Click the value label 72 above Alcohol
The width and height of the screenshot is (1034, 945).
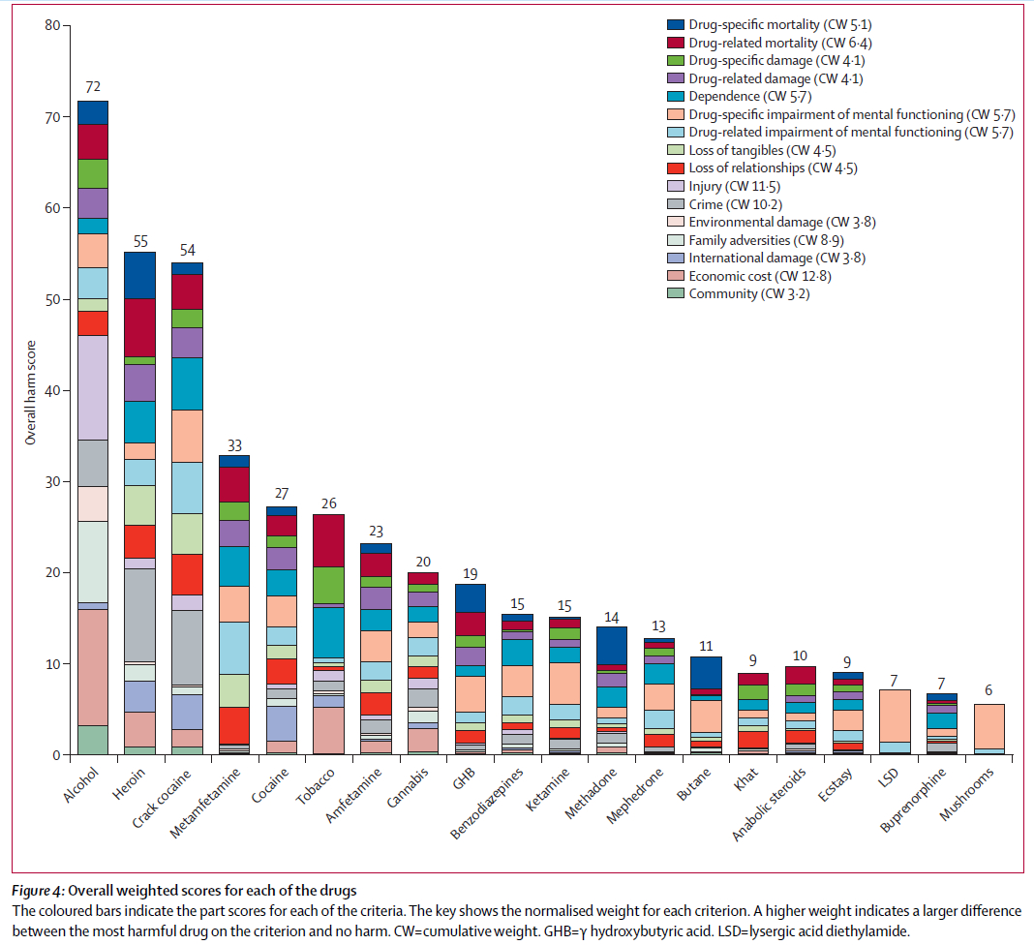(93, 87)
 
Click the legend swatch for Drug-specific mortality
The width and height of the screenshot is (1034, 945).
(675, 24)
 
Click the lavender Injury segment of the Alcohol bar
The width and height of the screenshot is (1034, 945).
(93, 387)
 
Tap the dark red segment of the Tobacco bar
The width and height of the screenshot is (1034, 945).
(328, 540)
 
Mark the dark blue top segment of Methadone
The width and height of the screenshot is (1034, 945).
(611, 645)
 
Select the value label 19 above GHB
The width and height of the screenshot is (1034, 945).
(470, 573)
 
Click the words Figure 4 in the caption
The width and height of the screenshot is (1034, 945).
(39, 891)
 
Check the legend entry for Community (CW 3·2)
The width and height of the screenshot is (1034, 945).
(749, 294)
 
